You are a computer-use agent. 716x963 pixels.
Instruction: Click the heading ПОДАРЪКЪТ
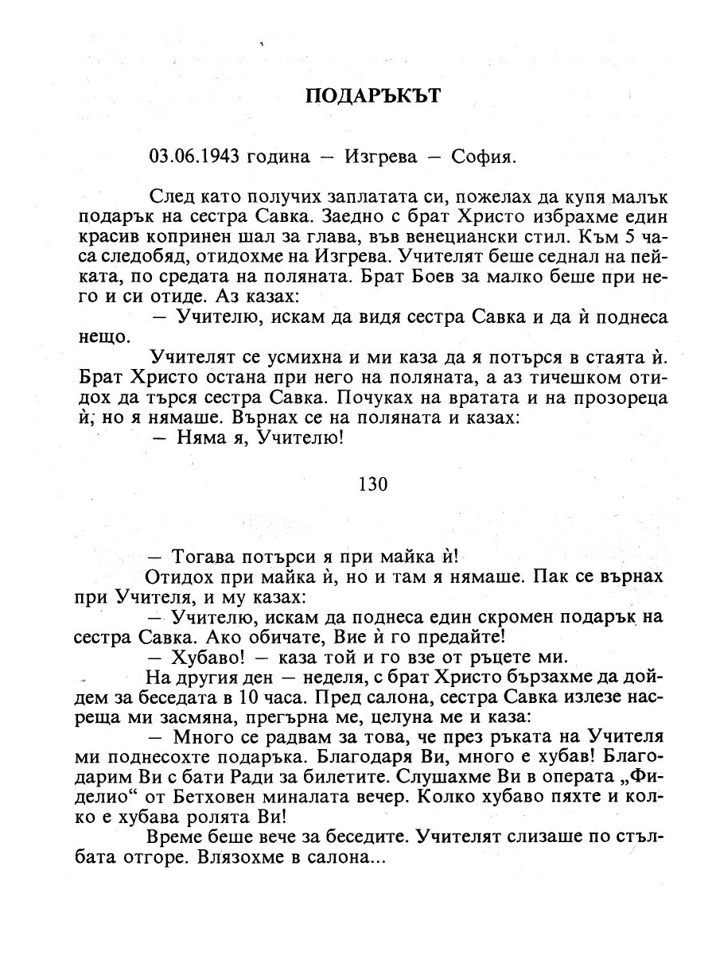pos(372,96)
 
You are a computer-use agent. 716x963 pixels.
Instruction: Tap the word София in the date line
pos(484,156)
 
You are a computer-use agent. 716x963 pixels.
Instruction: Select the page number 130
pos(373,483)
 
